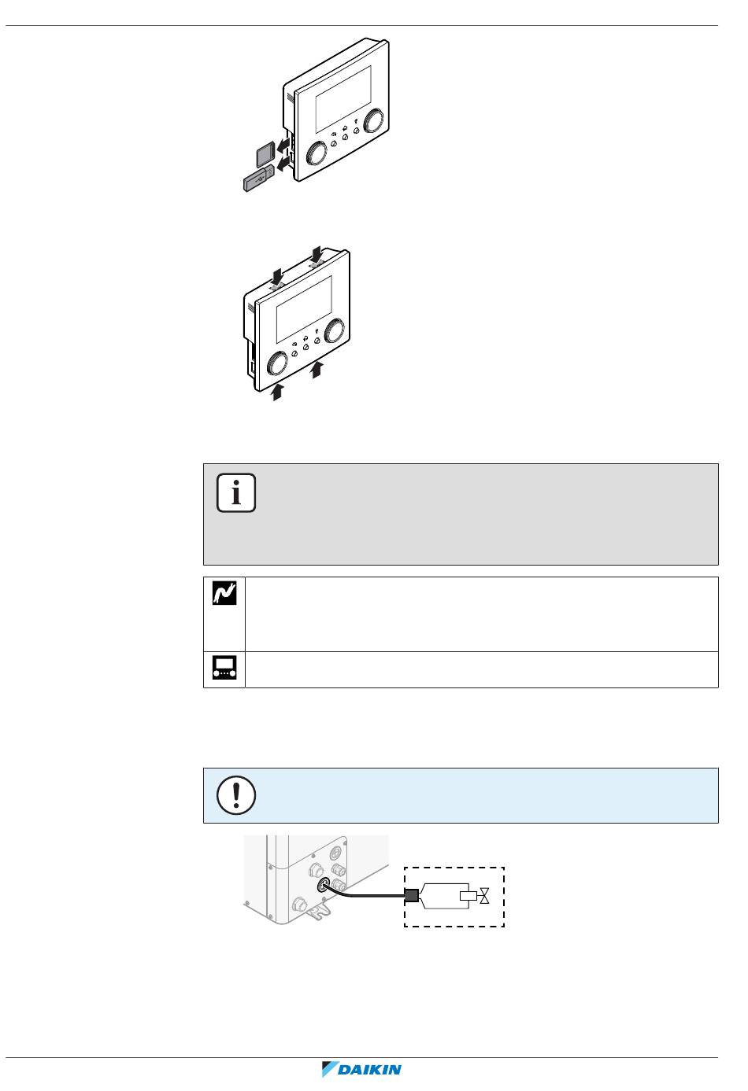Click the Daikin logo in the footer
coord(362,1070)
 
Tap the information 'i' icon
coord(236,494)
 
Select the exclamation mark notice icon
coord(236,794)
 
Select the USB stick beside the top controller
coord(257,181)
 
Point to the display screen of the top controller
coord(343,98)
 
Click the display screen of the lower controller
coord(304,309)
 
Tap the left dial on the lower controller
coord(278,363)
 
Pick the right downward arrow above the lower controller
coord(317,254)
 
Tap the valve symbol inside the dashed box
coord(484,896)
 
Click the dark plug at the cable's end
coord(410,894)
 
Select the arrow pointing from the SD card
coord(280,145)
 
